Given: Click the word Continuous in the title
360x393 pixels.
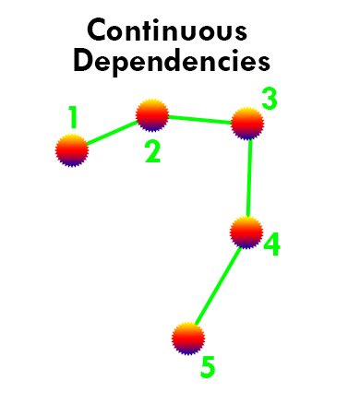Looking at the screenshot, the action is pos(167,30).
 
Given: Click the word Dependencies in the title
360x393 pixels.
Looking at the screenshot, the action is pos(172,63).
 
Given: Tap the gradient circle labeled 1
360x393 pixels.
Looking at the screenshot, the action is pos(72,150).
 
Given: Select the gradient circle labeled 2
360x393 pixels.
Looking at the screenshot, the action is pos(152,115).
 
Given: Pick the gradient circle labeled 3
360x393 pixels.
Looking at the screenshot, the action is pos(247,124).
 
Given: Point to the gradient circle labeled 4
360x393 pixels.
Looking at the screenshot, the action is pos(246,232).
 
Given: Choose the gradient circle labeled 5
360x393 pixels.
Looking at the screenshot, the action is pos(188,339).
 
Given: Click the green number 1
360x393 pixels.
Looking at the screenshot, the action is pos(73,117).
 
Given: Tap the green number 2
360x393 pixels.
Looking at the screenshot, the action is pos(152,152).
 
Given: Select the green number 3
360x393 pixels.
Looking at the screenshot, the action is pos(270,99).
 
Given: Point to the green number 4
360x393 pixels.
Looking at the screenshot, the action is pos(272,244).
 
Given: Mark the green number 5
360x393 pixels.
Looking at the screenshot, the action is pos(208,367).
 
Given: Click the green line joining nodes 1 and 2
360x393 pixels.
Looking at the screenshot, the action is pos(112,133).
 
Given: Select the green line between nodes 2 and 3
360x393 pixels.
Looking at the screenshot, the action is pos(200,120).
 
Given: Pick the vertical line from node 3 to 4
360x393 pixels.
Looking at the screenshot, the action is pos(249,178).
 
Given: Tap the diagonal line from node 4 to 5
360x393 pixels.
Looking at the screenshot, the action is pos(218,286).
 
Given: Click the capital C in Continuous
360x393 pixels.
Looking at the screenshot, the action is pos(97,30).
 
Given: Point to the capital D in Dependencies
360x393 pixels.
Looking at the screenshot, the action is pos(83,61).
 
